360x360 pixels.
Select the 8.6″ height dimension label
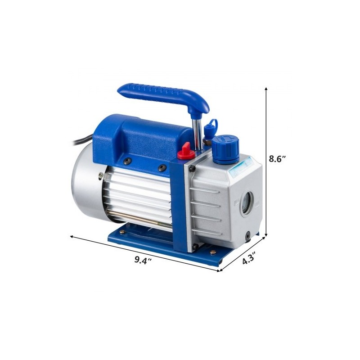tap(278, 158)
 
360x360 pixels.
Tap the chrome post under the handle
tap(197, 130)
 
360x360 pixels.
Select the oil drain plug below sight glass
tap(248, 234)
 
